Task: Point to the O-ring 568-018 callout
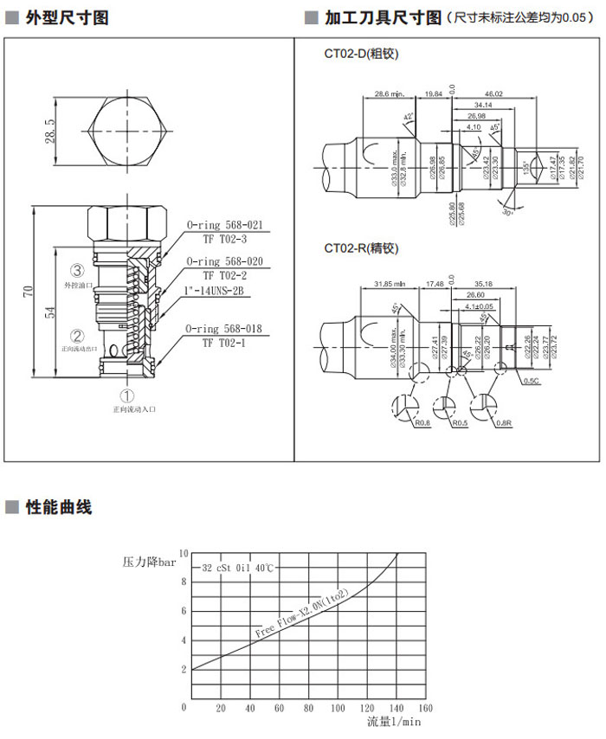tap(224, 330)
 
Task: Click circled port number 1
tap(127, 395)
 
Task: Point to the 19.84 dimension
tap(433, 93)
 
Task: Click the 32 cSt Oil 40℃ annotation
tap(237, 569)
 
